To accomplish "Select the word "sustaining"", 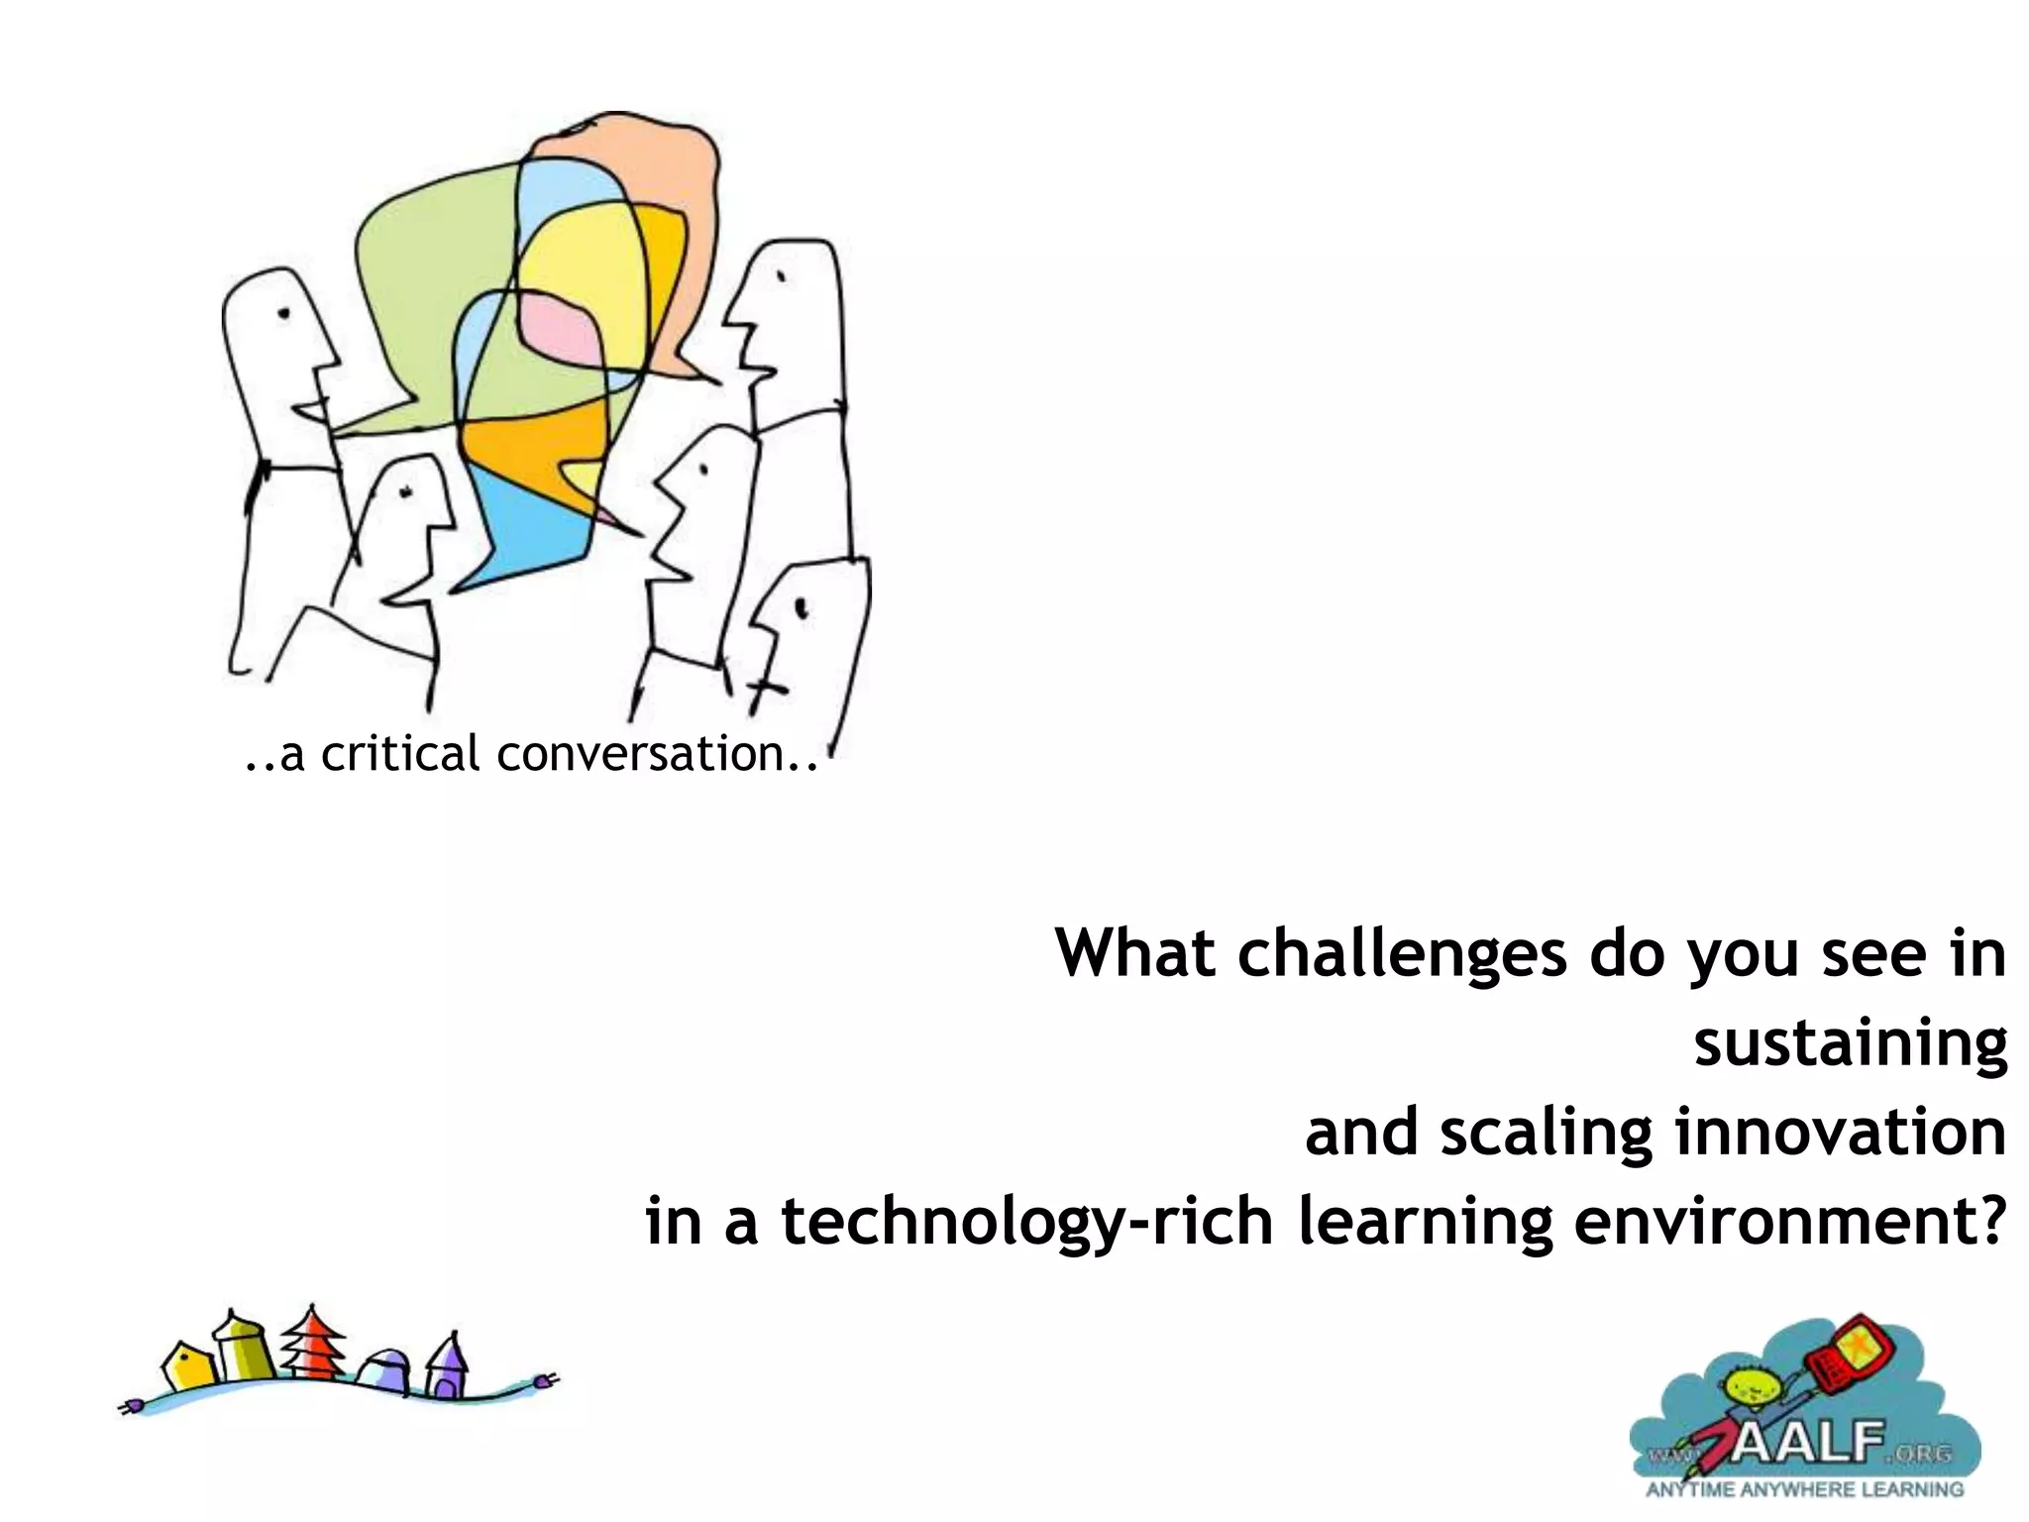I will coord(1850,1043).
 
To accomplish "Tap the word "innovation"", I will coord(1840,1132).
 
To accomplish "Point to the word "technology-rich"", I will coord(1026,1223).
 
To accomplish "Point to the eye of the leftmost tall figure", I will coord(284,314).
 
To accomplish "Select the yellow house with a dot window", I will coord(184,1368).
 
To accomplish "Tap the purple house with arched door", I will coord(449,1367).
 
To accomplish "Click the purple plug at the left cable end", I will coord(129,1405).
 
